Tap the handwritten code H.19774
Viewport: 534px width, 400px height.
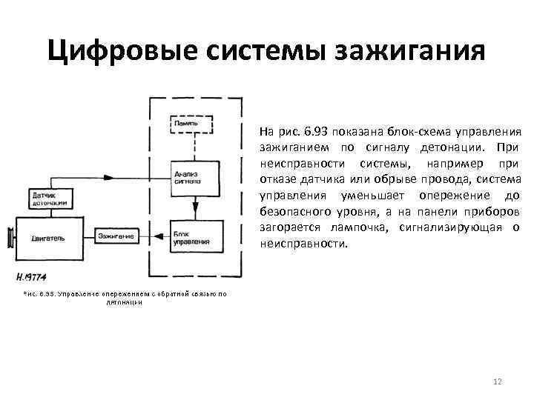(x=32, y=279)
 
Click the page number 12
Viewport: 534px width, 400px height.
(x=498, y=381)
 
